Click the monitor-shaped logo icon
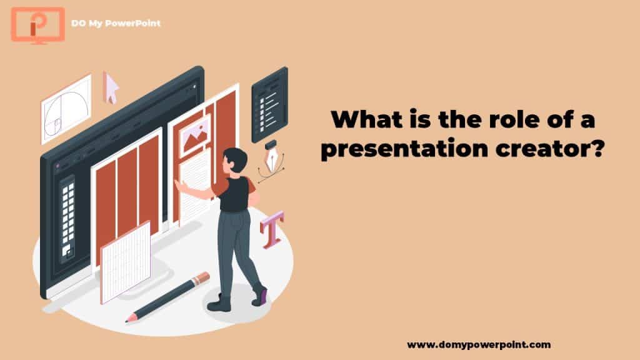[x=37, y=25]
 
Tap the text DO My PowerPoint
[x=116, y=23]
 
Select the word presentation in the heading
[x=404, y=148]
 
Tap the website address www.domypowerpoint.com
[x=479, y=344]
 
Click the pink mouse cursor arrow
[x=110, y=87]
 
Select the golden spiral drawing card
[x=66, y=109]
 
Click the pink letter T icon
[x=272, y=229]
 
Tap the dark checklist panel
[x=269, y=105]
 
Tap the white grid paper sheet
[x=125, y=262]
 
